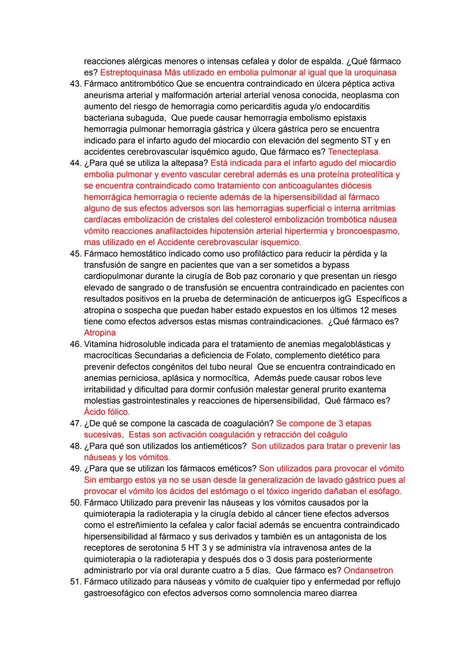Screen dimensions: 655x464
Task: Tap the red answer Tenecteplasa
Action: coord(354,152)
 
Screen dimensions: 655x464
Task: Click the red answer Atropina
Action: coord(100,333)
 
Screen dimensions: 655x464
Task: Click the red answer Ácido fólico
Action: coord(107,412)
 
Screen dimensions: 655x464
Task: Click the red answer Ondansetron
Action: coord(368,570)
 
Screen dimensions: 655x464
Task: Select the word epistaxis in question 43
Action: coord(348,118)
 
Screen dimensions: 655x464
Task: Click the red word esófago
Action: coord(385,491)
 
